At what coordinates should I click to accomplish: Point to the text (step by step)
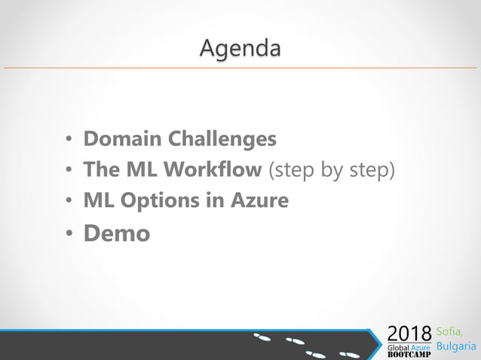[x=331, y=170]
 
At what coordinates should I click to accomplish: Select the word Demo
[x=116, y=233]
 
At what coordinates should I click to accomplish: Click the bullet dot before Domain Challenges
[x=68, y=140]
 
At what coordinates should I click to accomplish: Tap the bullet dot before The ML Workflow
[x=68, y=171]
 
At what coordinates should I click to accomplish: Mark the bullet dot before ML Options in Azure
[x=68, y=202]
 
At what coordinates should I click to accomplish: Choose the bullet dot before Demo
[x=68, y=234]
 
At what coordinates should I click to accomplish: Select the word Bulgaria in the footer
[x=457, y=347]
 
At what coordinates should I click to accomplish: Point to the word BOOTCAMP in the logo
[x=409, y=355]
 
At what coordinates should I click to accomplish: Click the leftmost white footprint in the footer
[x=262, y=337]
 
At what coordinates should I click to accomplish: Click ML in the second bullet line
[x=132, y=169]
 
